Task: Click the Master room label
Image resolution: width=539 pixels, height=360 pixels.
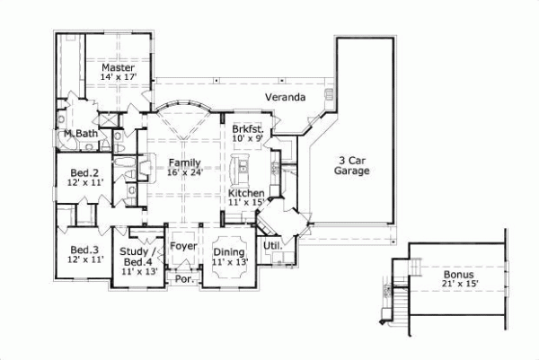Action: pos(118,67)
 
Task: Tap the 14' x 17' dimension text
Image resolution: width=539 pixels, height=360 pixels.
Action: pos(118,78)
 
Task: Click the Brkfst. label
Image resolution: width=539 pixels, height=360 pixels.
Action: pos(247,129)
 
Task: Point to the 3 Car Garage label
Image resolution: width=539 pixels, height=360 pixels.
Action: pos(353,165)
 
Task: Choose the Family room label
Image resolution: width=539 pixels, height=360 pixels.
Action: pos(183,162)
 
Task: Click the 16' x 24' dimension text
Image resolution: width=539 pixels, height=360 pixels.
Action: pos(183,173)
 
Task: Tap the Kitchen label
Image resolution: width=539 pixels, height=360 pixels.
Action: pos(245,193)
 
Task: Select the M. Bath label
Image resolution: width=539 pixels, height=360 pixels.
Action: pos(79,135)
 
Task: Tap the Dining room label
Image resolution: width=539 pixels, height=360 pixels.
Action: pos(229,252)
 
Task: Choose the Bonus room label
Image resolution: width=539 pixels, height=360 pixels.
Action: pos(459,273)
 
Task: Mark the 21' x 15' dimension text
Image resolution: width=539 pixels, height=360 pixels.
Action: pos(459,284)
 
